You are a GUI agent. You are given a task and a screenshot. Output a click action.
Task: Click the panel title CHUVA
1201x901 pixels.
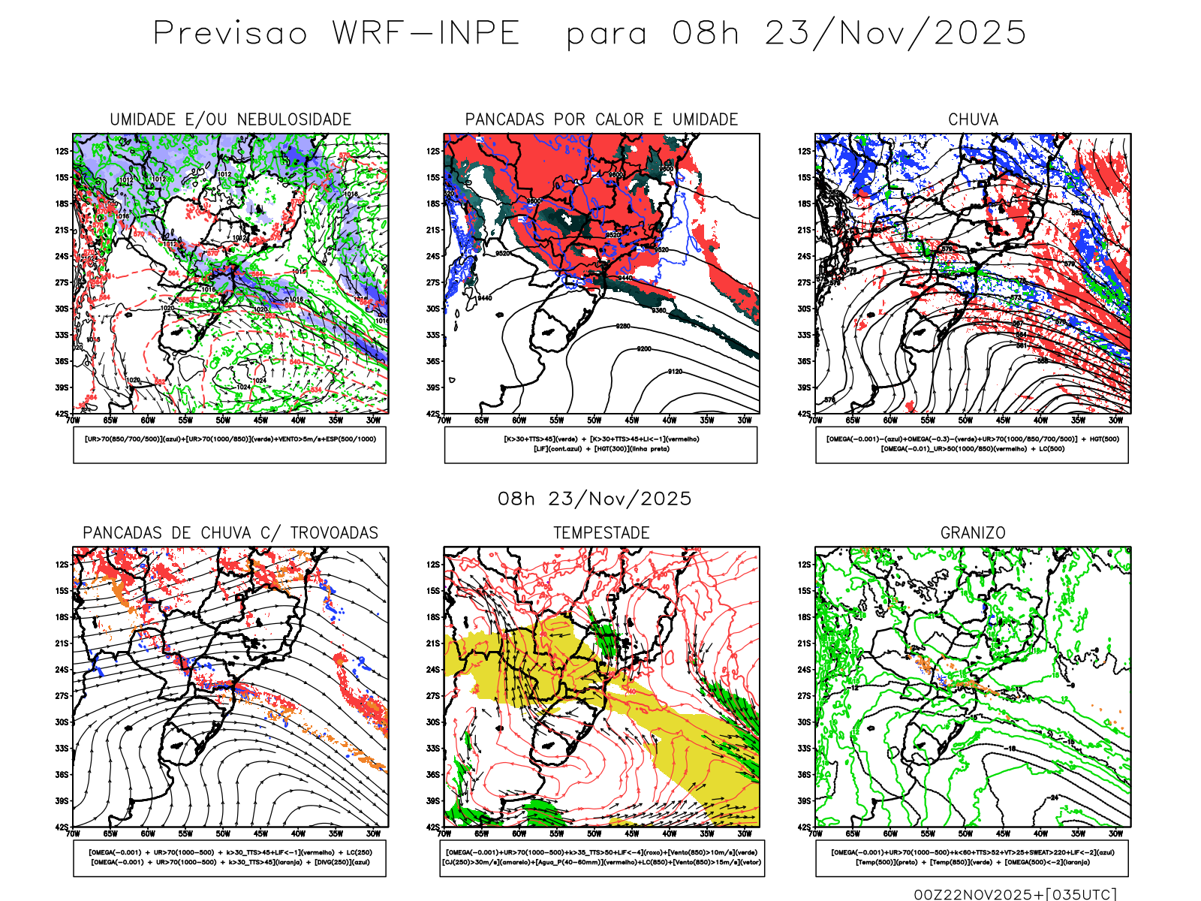click(x=973, y=119)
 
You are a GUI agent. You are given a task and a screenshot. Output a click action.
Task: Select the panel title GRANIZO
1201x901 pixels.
click(x=973, y=533)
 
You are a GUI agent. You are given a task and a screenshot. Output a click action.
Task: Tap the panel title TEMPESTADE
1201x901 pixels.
click(x=601, y=533)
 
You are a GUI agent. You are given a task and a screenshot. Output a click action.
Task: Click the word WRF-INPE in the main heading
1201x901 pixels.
click(x=426, y=33)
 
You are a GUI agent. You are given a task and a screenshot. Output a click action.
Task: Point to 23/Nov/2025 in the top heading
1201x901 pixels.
click(x=895, y=33)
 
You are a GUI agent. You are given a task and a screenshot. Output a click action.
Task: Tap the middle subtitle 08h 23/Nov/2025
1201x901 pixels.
click(x=594, y=499)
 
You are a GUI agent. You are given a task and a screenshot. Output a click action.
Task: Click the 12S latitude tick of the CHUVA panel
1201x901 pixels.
click(x=805, y=151)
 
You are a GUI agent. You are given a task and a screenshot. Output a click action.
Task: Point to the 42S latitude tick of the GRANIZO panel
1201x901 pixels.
click(x=805, y=827)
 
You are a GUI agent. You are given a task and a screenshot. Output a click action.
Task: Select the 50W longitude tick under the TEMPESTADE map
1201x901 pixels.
click(x=594, y=833)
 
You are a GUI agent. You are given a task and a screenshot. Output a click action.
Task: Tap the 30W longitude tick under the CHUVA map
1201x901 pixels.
click(x=1116, y=420)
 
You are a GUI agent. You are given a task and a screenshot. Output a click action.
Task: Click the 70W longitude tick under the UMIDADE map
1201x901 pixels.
click(x=73, y=420)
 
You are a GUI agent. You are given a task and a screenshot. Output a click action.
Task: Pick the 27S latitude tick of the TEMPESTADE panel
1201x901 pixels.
click(x=433, y=696)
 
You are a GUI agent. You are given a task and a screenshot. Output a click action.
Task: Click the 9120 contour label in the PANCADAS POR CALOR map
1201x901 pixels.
click(x=676, y=372)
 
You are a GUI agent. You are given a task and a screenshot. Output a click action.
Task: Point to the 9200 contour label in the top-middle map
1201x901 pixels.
click(x=644, y=349)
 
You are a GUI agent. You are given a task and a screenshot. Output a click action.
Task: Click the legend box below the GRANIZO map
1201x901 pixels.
click(x=972, y=858)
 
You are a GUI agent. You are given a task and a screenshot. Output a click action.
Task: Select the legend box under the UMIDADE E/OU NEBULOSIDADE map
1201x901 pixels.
click(x=230, y=445)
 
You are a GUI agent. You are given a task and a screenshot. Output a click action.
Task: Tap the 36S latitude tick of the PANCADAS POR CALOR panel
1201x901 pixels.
click(x=433, y=361)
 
